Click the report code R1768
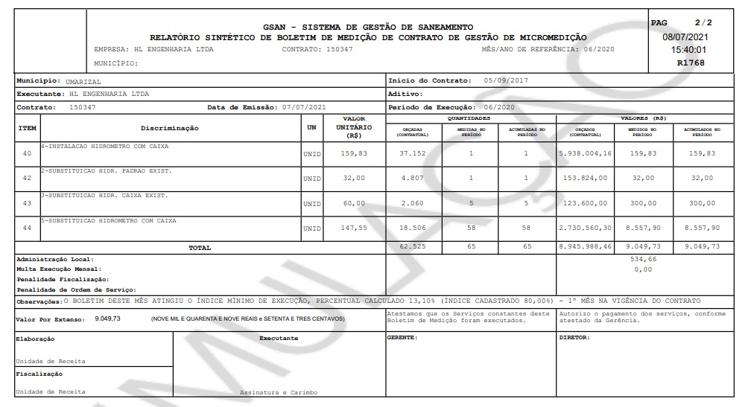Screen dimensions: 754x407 point(690,63)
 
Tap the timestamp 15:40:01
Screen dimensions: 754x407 point(690,50)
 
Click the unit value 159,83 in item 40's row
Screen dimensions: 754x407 point(355,153)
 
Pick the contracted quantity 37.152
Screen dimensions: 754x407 point(412,153)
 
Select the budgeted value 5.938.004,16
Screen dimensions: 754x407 point(585,153)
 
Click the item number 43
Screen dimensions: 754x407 point(27,203)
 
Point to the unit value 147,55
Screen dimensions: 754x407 point(355,228)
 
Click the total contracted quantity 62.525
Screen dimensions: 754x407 point(412,247)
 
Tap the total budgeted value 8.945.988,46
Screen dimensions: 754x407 point(585,247)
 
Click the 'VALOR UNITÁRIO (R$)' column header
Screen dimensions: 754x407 point(354,127)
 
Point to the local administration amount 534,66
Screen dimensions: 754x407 point(641,260)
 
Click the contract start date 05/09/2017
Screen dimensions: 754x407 point(505,80)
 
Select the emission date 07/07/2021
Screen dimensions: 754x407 point(304,107)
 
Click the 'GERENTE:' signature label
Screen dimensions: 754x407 point(402,338)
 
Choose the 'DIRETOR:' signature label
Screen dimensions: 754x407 point(574,338)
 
